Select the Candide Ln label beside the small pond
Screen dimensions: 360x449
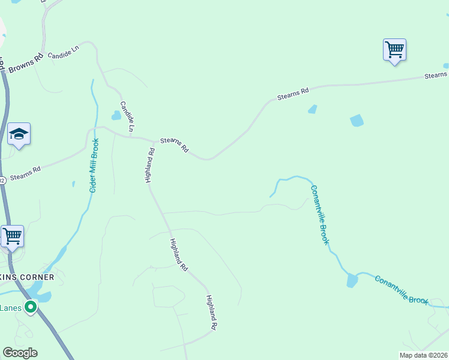127,116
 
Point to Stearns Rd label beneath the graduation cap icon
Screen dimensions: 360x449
25,170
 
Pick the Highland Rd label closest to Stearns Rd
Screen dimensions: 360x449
152,166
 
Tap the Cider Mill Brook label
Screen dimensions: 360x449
94,166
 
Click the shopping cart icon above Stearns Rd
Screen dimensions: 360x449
394,50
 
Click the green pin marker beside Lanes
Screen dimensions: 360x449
31,308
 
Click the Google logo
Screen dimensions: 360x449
20,353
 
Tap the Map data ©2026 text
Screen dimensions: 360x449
424,355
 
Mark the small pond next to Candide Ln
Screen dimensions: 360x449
115,115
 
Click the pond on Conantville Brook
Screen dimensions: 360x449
352,280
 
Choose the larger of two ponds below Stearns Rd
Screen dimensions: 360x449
357,120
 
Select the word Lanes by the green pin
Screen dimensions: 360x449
10,308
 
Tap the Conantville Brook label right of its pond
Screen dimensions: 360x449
402,290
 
